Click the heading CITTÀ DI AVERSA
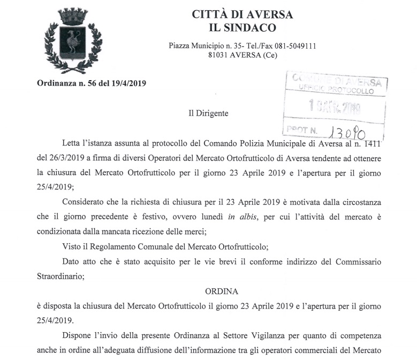point(242,14)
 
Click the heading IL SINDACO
point(242,28)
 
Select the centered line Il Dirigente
point(208,113)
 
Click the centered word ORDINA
point(221,292)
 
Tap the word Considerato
point(85,202)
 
